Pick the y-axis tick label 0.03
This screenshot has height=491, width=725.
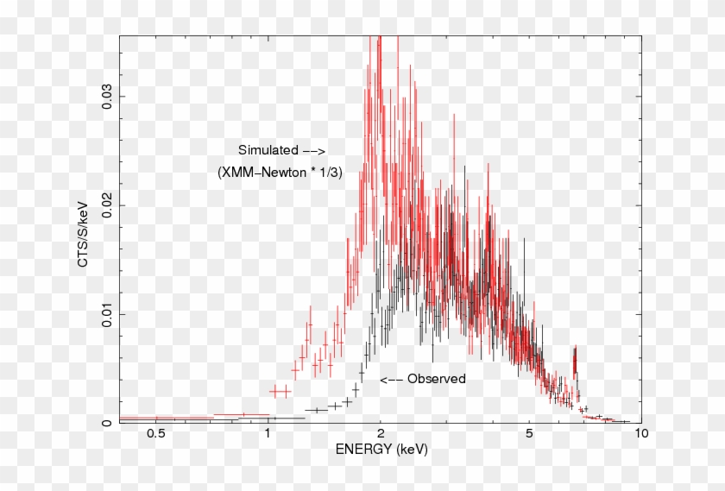pos(107,96)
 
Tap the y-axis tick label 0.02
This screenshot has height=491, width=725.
pos(107,205)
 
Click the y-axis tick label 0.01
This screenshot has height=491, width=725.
pos(107,314)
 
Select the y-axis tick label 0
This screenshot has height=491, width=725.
pos(107,423)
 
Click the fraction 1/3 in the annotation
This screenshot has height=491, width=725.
pos(329,173)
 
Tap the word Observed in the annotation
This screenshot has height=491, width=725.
pos(437,379)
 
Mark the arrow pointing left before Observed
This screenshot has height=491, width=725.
pos(391,379)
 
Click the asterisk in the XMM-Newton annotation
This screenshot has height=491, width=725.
pos(311,172)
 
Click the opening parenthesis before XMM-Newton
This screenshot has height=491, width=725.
pos(219,173)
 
